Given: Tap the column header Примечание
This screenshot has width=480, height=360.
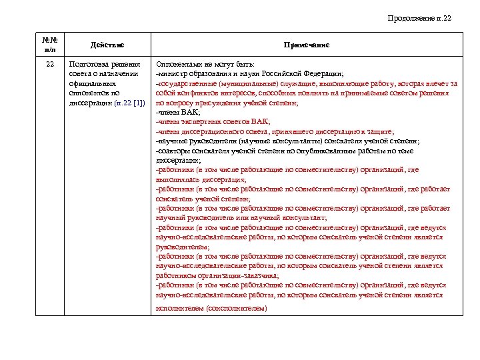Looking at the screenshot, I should [x=306, y=45].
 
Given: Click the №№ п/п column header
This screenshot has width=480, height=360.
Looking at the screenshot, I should [x=50, y=45].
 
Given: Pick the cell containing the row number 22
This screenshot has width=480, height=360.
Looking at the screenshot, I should [x=50, y=64].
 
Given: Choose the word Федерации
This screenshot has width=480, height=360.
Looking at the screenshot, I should [x=322, y=74].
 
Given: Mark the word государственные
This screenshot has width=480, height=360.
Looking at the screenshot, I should [x=185, y=85].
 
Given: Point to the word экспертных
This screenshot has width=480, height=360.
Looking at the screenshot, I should [x=198, y=122].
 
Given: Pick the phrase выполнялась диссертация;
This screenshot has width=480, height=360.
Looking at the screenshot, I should [x=201, y=179].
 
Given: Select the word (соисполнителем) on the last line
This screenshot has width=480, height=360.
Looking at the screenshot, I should [x=237, y=308].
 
